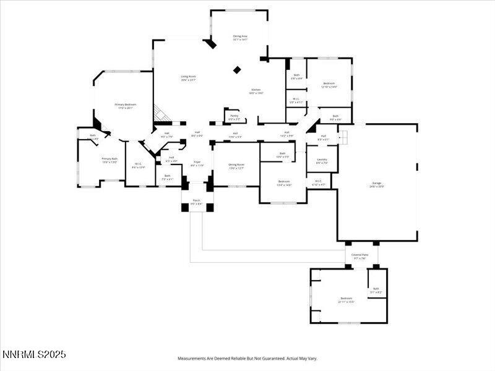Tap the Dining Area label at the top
pos(240,38)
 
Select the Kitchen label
pos(256,91)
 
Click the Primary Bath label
pos(110,160)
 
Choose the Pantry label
pos(234,117)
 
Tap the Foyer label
pos(197,164)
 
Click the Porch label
pos(197,202)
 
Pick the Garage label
pos(377,184)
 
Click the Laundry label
pos(322,161)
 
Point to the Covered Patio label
pos(360,256)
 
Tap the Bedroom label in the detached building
pos(346,301)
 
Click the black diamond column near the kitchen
pos(237,70)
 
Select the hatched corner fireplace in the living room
pos(161,114)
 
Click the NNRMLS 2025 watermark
pos(34,354)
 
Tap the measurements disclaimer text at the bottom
pos(247,358)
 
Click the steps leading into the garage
pos(343,136)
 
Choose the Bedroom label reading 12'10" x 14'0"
pos(329,85)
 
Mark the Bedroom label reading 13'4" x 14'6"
pos(283,182)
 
